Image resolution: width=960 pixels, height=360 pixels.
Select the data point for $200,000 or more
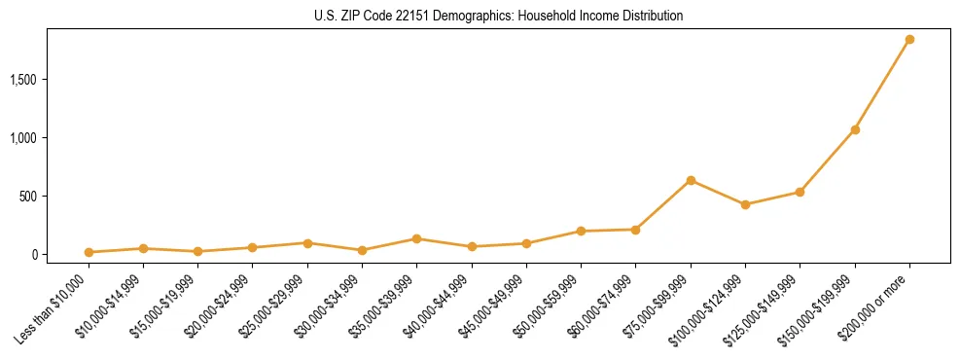point(909,40)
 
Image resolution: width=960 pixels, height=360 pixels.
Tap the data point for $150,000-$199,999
point(855,129)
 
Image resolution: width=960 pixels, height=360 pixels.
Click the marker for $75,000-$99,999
point(691,180)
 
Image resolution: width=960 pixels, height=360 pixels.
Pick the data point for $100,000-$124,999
point(745,204)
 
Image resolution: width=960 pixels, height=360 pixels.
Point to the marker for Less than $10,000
point(89,252)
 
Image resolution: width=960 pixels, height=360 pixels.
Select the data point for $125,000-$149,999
point(800,192)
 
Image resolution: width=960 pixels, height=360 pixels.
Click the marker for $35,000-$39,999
point(416,238)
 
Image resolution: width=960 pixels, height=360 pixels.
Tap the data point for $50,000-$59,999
point(581,231)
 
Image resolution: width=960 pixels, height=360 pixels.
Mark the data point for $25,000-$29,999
point(307,243)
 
